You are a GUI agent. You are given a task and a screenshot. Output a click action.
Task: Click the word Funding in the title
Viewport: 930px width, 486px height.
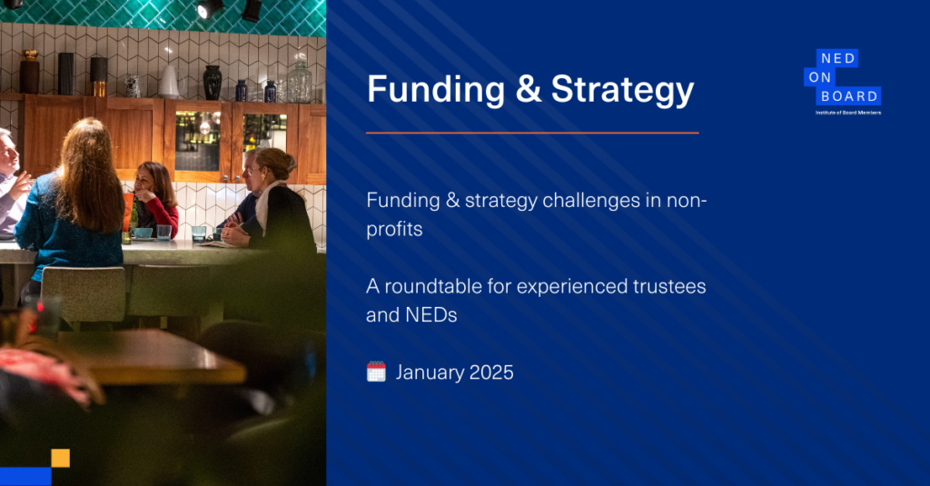tap(436, 89)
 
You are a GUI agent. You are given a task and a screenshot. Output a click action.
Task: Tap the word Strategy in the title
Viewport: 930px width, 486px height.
tap(622, 91)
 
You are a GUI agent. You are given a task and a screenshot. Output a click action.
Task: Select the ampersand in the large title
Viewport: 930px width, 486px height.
tap(529, 90)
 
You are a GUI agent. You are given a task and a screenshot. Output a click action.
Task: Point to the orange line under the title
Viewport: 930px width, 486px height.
tap(532, 133)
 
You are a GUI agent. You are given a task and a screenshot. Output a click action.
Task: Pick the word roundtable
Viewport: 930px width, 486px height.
tap(433, 287)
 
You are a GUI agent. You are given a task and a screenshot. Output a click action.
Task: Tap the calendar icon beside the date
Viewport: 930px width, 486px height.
tap(376, 372)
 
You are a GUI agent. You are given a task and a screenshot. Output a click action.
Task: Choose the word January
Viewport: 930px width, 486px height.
tap(430, 372)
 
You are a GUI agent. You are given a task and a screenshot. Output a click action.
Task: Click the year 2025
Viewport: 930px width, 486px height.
tap(491, 372)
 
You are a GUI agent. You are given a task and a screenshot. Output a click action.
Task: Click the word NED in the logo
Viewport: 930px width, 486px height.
tap(837, 58)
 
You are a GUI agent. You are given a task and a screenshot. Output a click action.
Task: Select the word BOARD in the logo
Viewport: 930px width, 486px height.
tap(849, 96)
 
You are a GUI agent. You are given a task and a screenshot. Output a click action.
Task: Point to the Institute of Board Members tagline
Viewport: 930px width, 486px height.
tap(848, 113)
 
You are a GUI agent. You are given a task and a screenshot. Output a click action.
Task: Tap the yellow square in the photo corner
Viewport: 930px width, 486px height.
tap(61, 458)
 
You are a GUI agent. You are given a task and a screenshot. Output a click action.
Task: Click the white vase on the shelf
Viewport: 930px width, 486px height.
tap(168, 82)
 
